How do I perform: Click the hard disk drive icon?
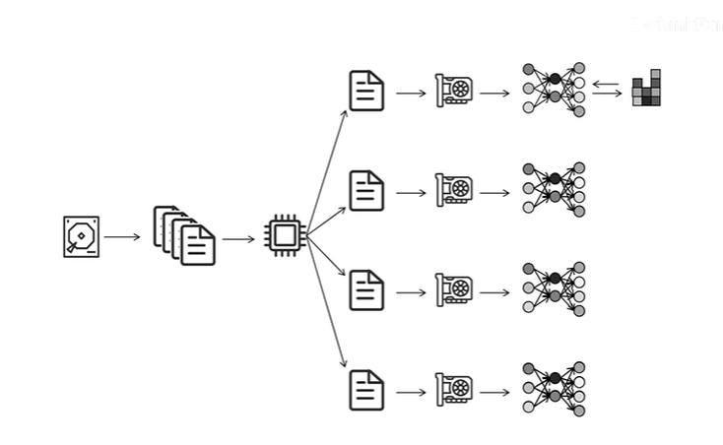pos(81,237)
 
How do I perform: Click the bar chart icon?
pos(646,89)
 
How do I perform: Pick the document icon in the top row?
pos(366,91)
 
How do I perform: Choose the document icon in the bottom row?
pos(366,390)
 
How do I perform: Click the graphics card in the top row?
pos(454,91)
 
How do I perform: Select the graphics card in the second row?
pos(454,190)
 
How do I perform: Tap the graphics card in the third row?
pos(454,289)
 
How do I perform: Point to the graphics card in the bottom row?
pos(454,390)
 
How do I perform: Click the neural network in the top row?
pos(554,90)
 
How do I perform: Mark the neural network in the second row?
pos(554,190)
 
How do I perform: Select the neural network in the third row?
pos(554,289)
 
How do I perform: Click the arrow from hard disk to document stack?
pos(122,237)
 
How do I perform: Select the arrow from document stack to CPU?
pos(238,238)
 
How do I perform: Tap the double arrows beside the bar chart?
pos(607,90)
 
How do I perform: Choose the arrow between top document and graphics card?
pos(410,95)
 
